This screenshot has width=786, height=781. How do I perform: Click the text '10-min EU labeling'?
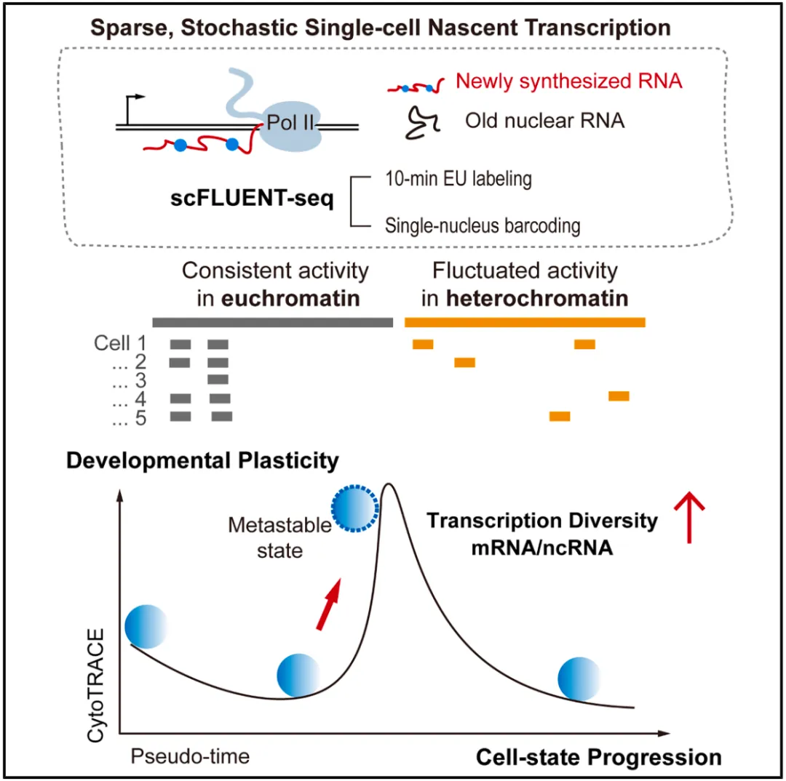pos(458,179)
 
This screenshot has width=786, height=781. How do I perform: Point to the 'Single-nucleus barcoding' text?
pos(482,226)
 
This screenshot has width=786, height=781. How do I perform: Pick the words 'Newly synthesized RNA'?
pos(568,81)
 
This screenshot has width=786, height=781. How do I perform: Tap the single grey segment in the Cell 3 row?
pos(218,380)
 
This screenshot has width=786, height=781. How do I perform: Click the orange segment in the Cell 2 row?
pos(465,362)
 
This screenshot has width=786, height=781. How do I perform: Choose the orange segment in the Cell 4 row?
pos(619,396)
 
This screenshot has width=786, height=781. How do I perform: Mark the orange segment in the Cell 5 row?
pos(560,417)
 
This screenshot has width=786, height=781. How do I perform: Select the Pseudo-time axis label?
pos(190,756)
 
